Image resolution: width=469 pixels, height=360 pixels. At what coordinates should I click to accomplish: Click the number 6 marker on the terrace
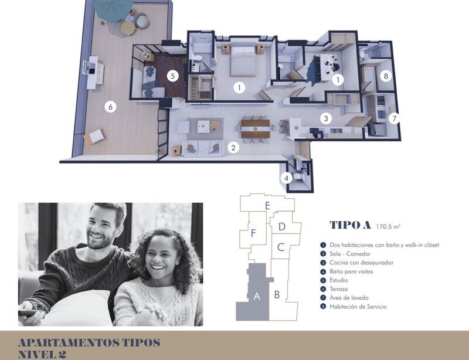click(x=110, y=107)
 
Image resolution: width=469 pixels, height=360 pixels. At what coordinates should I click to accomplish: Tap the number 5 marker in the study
click(x=172, y=76)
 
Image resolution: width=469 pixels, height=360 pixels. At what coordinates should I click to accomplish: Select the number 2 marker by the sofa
click(x=233, y=148)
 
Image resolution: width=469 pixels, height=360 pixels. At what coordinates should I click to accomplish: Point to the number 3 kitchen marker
click(x=326, y=118)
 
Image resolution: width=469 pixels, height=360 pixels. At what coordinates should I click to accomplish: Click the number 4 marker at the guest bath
click(x=287, y=178)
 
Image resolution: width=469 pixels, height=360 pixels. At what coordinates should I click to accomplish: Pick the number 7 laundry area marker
click(x=394, y=119)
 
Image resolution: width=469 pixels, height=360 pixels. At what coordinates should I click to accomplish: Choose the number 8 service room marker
click(x=386, y=76)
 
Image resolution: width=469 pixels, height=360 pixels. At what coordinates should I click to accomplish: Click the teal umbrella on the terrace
click(x=113, y=10)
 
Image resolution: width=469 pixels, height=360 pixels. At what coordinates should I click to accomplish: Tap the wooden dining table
click(x=256, y=128)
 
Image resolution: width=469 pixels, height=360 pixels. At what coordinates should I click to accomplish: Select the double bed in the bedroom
click(x=243, y=61)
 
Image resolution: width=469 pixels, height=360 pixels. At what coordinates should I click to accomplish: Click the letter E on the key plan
click(x=267, y=206)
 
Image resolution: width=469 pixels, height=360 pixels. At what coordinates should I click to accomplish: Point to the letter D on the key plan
click(x=282, y=227)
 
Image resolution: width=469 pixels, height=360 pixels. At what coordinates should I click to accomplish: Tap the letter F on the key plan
click(x=253, y=233)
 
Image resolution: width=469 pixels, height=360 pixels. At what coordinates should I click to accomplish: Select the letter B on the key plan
click(x=277, y=295)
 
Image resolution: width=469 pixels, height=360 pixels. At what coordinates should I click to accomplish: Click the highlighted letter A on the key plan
click(x=257, y=296)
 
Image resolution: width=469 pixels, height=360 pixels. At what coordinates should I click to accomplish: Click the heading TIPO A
click(x=350, y=225)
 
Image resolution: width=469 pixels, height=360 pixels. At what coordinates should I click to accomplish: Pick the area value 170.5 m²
click(x=388, y=226)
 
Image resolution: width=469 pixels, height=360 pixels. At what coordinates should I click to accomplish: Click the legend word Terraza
click(x=339, y=289)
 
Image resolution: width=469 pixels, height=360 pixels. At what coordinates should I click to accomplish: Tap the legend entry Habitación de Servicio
click(x=358, y=307)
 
